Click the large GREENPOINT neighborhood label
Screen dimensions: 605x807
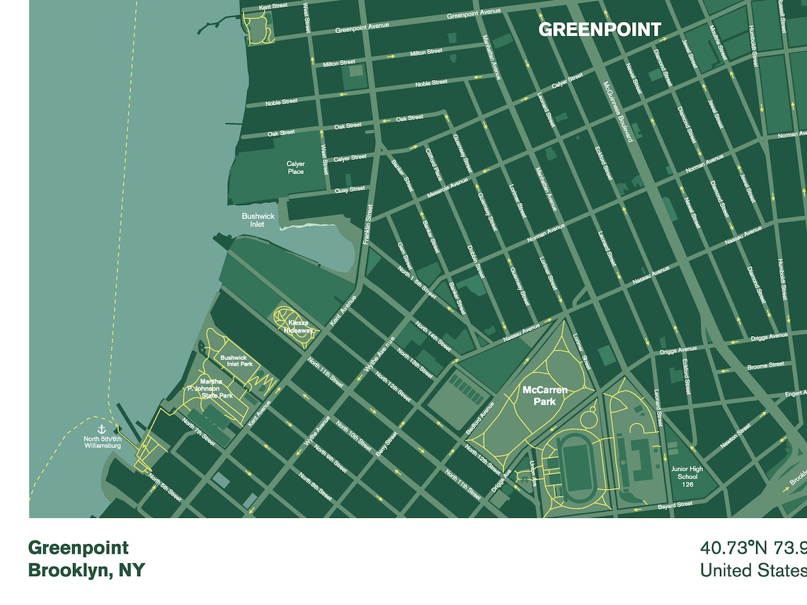[x=600, y=30]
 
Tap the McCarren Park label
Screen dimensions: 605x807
[x=539, y=396]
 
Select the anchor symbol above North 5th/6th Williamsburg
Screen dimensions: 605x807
[x=101, y=429]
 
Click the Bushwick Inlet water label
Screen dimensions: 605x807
[x=258, y=220]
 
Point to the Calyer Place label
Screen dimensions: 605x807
[x=295, y=168]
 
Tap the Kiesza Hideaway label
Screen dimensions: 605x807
[x=297, y=327]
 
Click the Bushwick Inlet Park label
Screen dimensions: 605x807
[x=236, y=361]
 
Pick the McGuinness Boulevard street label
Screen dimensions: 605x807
[x=617, y=110]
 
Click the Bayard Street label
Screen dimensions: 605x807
[x=675, y=505]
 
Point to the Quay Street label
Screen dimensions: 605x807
[x=350, y=189]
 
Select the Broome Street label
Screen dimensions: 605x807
[x=765, y=365]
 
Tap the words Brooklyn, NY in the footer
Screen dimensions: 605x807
[x=86, y=570]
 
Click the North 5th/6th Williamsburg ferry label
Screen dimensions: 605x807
[x=102, y=442]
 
